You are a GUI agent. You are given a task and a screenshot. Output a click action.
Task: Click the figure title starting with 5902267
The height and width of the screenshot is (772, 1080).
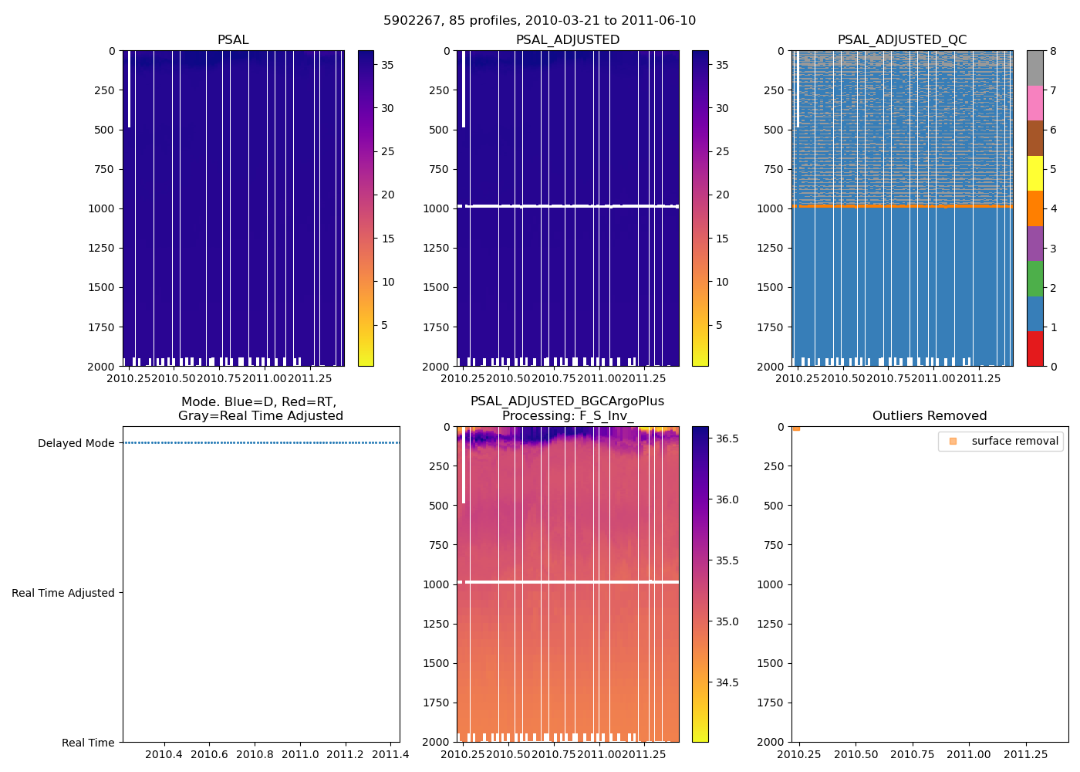[x=539, y=20]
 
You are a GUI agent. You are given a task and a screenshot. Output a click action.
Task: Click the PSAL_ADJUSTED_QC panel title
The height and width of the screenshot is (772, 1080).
[x=902, y=39]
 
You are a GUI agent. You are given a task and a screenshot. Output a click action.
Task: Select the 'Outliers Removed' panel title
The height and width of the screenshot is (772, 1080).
[x=929, y=415]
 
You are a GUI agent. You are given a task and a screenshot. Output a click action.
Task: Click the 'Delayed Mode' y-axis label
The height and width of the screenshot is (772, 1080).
[x=76, y=443]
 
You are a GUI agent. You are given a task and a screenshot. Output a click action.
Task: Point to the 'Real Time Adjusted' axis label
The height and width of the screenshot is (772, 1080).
[x=62, y=593]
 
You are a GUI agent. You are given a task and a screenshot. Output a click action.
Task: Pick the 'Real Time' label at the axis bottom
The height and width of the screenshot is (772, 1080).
[x=88, y=743]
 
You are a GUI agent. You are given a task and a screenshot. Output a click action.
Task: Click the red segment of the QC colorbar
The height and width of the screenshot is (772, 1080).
[x=1034, y=349]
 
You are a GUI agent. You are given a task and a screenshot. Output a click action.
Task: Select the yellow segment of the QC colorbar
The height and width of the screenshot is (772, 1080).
[x=1034, y=173]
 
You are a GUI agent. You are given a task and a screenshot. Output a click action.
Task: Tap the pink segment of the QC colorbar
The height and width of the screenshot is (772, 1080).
[x=1034, y=103]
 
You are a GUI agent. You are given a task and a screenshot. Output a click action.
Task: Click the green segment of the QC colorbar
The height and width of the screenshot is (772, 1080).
[x=1034, y=279]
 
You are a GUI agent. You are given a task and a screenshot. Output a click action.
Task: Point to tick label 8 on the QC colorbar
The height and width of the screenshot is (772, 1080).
[x=1053, y=51]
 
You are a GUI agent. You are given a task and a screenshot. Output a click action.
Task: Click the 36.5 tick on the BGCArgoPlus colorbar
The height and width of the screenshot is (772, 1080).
[x=727, y=438]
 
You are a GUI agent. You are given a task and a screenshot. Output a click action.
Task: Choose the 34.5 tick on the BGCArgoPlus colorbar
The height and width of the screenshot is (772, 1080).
[x=727, y=682]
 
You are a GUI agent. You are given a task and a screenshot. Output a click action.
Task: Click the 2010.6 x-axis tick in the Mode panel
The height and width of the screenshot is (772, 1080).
[x=209, y=754]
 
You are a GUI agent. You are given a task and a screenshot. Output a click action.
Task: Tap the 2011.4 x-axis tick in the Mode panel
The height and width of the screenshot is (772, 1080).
[x=390, y=754]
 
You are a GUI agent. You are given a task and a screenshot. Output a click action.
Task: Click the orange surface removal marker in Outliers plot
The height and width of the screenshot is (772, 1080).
[x=796, y=428]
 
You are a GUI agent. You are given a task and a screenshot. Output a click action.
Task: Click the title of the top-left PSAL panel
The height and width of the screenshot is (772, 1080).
[x=233, y=39]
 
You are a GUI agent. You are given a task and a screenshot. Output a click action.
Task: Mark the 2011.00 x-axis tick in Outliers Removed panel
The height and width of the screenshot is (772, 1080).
[x=969, y=754]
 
